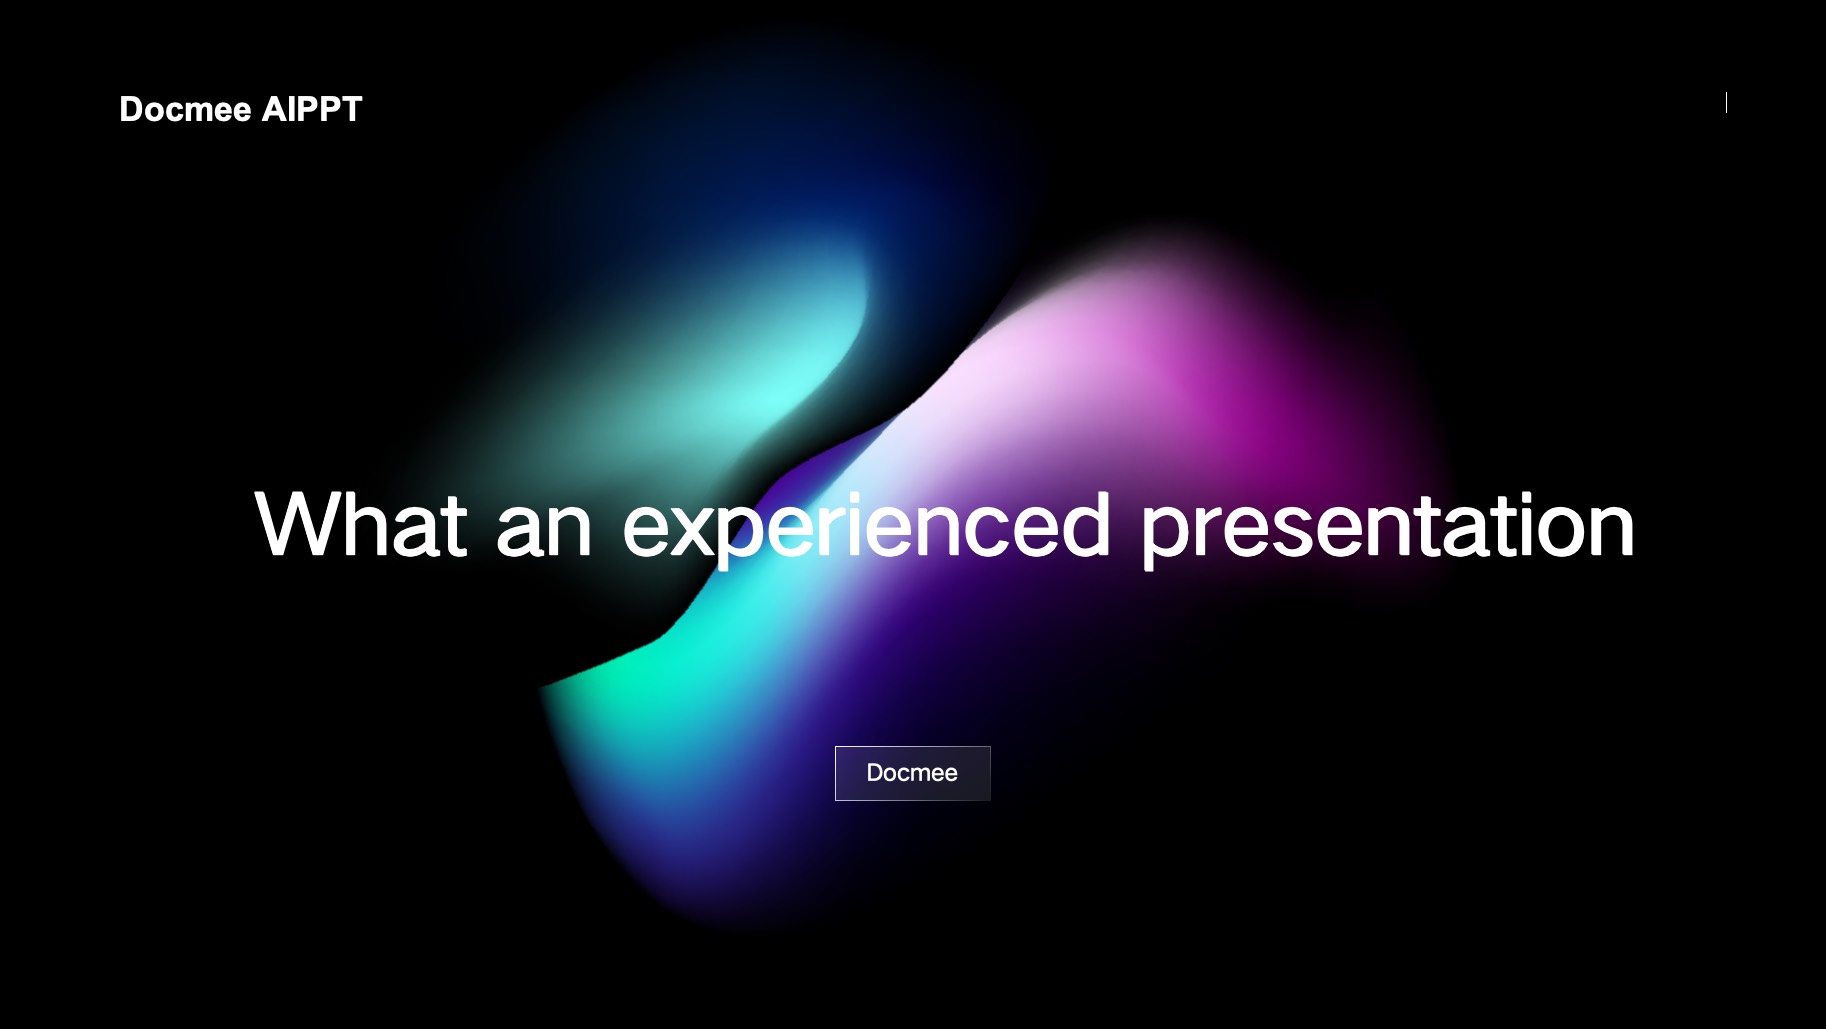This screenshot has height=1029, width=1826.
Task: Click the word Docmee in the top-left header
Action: coord(185,109)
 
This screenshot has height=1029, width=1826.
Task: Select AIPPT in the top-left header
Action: coord(312,109)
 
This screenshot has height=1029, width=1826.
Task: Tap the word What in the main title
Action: coord(361,524)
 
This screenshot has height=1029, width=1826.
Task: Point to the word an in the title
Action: coord(544,533)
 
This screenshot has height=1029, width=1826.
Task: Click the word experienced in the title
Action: coord(866,528)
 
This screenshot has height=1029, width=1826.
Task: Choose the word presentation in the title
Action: coord(1387,528)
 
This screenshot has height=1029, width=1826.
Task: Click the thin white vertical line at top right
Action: coord(1726,102)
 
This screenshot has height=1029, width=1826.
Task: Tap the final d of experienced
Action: coord(1084,524)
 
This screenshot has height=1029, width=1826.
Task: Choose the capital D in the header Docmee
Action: coord(132,109)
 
